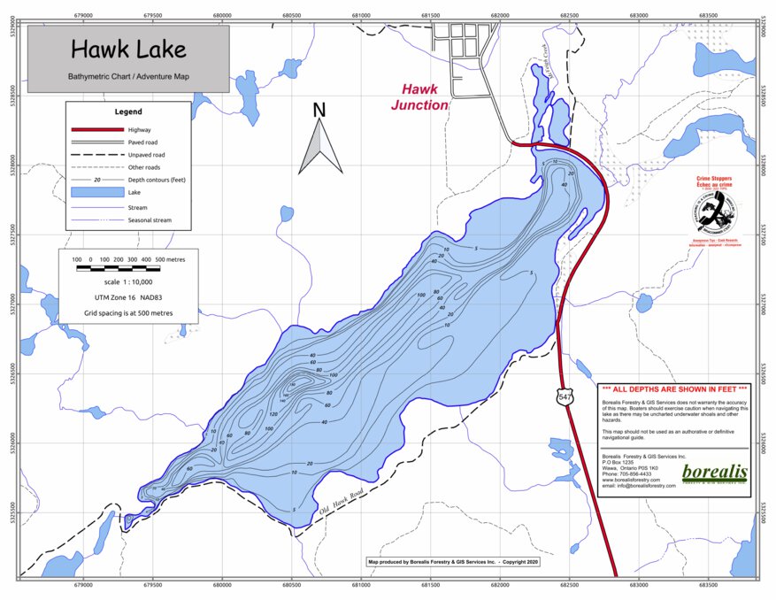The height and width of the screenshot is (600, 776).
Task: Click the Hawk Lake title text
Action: (x=128, y=49)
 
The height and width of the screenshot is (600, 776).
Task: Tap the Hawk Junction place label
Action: (x=419, y=96)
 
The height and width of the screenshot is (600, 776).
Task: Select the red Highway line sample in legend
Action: (x=95, y=130)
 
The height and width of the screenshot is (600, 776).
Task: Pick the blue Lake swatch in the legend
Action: (x=95, y=191)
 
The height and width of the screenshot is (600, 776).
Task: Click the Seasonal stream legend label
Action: (x=150, y=220)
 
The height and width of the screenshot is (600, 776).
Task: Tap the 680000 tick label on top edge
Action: (x=222, y=15)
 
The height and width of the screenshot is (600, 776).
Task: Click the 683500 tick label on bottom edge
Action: (x=709, y=586)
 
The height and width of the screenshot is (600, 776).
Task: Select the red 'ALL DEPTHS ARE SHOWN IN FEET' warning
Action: (x=673, y=389)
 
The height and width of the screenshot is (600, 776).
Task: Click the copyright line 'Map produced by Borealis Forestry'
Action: (x=452, y=561)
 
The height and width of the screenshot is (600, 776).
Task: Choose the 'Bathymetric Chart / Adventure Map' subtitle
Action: (x=128, y=77)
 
